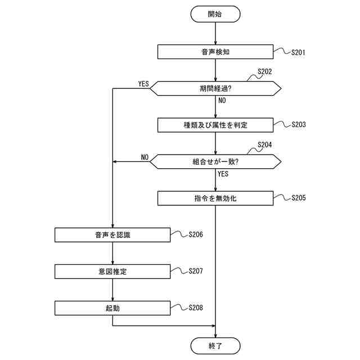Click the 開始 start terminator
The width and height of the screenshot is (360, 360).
pyautogui.click(x=215, y=14)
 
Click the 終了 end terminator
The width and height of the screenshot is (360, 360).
pyautogui.click(x=215, y=346)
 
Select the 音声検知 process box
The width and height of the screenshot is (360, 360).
pyautogui.click(x=215, y=52)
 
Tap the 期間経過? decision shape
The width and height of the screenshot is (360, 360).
pyautogui.click(x=215, y=88)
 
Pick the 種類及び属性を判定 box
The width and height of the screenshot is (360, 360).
pyautogui.click(x=215, y=124)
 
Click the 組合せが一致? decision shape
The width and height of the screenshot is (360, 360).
pyautogui.click(x=215, y=161)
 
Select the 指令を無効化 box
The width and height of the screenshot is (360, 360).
pyautogui.click(x=215, y=198)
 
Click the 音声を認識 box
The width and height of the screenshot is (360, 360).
pyautogui.click(x=112, y=235)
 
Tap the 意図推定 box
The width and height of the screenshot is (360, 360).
pyautogui.click(x=112, y=271)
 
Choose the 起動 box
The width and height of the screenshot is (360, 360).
pyautogui.click(x=112, y=308)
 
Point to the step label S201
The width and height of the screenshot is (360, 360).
pyautogui.click(x=298, y=52)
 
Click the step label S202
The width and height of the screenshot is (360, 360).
pyautogui.click(x=264, y=72)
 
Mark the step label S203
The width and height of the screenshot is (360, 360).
pyautogui.click(x=298, y=125)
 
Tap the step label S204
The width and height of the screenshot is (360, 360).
pyautogui.click(x=264, y=145)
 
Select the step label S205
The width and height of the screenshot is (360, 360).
pyautogui.click(x=298, y=198)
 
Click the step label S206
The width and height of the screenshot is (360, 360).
pyautogui.click(x=196, y=235)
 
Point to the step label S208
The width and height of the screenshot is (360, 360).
pyautogui.click(x=196, y=308)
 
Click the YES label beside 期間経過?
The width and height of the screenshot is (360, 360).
pyautogui.click(x=143, y=84)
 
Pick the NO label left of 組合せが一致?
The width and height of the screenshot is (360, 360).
pyautogui.click(x=145, y=157)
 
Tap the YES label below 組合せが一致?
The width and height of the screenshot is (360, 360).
pyautogui.click(x=223, y=174)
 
